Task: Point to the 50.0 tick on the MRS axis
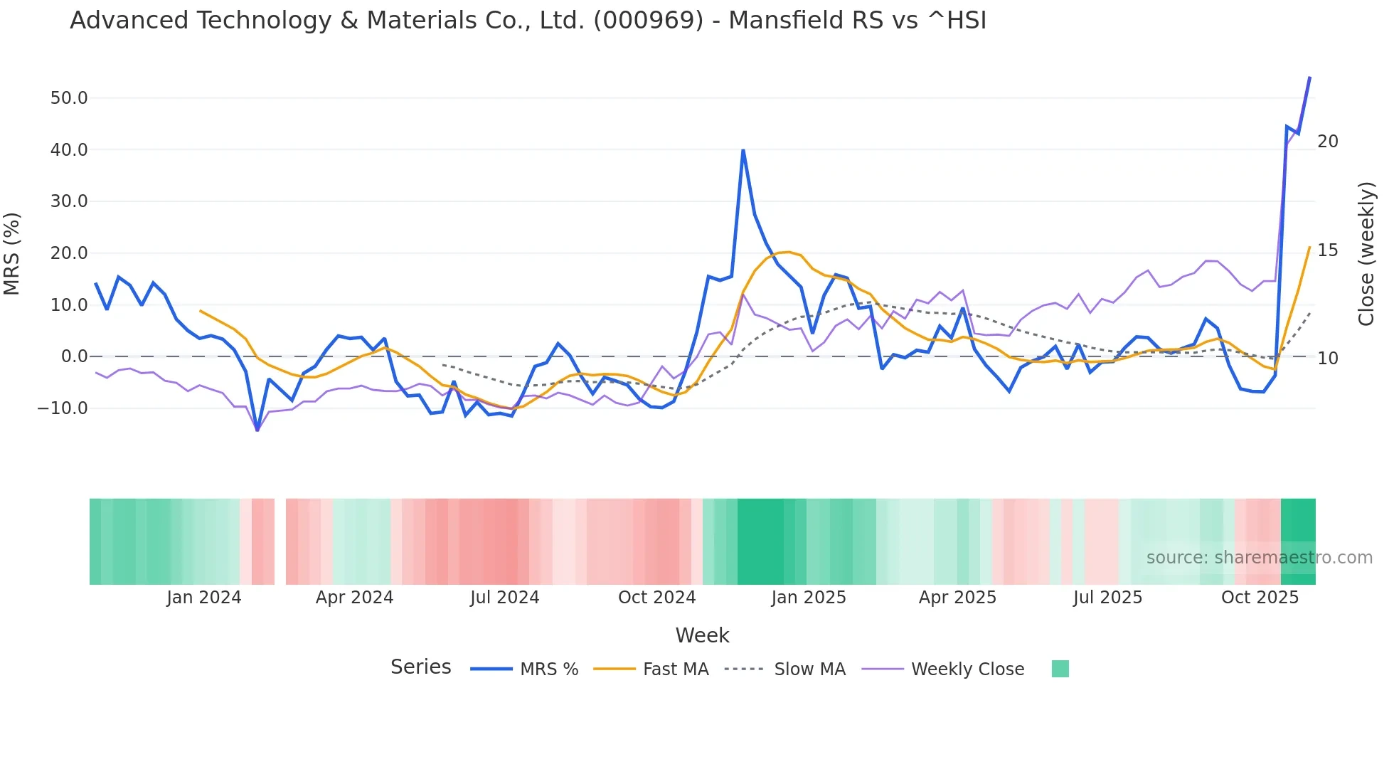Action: (x=69, y=98)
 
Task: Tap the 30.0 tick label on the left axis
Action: (x=69, y=201)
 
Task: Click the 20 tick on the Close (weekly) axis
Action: (x=1327, y=142)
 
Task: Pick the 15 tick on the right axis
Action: (x=1327, y=250)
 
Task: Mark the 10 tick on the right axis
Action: (x=1327, y=359)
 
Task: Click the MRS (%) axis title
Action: (x=12, y=253)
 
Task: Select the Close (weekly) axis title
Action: (x=1366, y=254)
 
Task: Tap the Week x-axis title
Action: (x=702, y=635)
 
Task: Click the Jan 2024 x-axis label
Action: (x=204, y=598)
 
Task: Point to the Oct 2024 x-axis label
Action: (x=656, y=598)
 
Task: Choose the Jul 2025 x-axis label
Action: (x=1107, y=598)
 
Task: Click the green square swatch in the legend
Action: (x=1060, y=669)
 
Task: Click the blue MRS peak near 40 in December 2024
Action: (x=743, y=150)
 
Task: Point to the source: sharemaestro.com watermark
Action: (x=1259, y=558)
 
